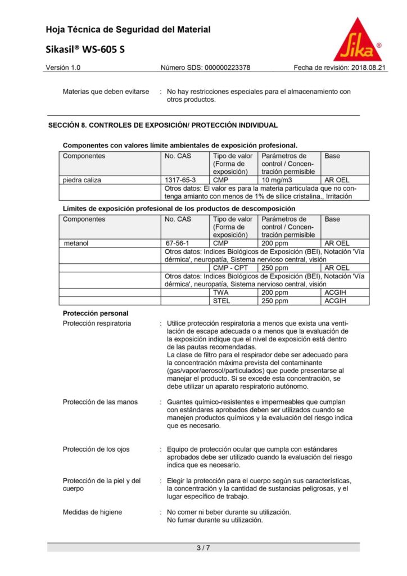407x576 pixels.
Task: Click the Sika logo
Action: [x=358, y=40]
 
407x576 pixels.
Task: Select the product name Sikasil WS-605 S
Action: [x=85, y=49]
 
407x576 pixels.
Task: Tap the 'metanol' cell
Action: [x=77, y=244]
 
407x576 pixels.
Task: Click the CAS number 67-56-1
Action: [x=177, y=244]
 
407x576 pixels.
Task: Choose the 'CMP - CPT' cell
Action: [x=230, y=268]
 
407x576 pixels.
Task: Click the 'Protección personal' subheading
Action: [x=96, y=313]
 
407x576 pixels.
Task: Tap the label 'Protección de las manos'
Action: [x=100, y=402]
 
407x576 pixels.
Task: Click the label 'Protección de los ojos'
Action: [x=96, y=449]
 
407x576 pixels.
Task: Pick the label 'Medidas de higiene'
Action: [x=92, y=512]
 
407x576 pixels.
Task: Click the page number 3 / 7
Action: [x=203, y=547]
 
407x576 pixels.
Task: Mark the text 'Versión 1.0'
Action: [x=63, y=68]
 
